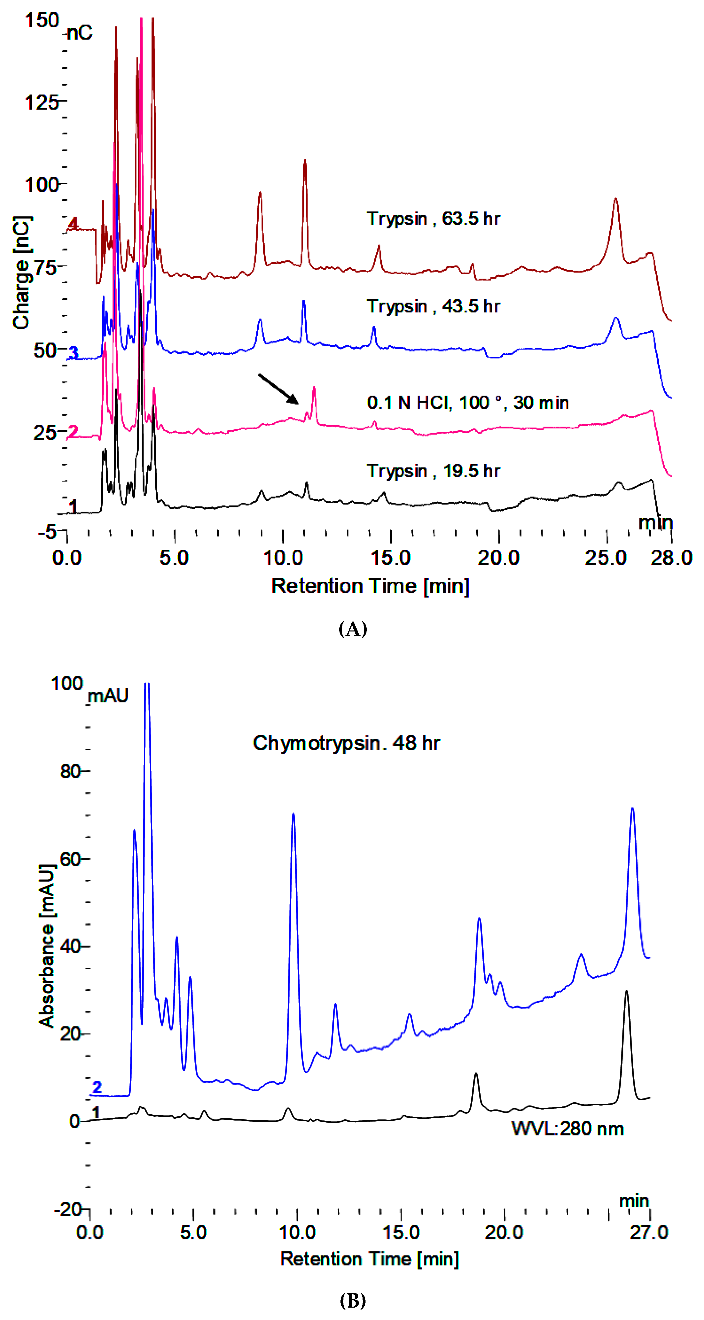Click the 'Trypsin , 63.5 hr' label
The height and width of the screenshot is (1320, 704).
pos(433,219)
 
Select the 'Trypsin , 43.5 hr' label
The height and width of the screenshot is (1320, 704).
pos(433,306)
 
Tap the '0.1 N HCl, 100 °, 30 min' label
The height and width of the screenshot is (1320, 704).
pos(467,403)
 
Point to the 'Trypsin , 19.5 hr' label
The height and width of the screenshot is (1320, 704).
pos(433,471)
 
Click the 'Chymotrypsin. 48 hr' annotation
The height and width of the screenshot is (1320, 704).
pos(346,743)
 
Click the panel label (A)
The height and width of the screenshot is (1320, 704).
pos(353,629)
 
